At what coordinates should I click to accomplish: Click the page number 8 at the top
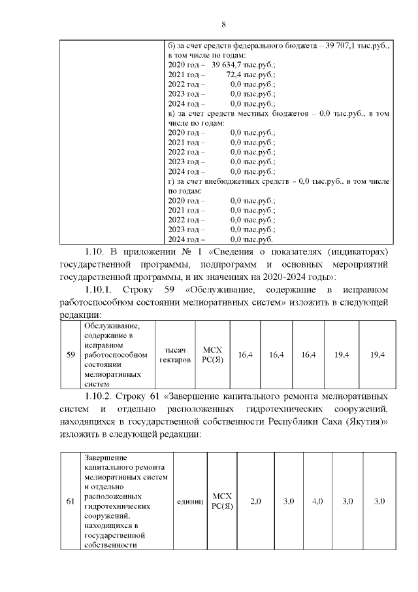click(x=223, y=25)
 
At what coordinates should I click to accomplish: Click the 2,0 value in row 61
click(x=255, y=501)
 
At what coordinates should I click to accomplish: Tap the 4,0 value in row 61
click(x=317, y=501)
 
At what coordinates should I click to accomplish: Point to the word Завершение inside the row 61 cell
click(x=106, y=457)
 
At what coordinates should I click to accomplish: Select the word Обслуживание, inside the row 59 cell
click(x=112, y=325)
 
